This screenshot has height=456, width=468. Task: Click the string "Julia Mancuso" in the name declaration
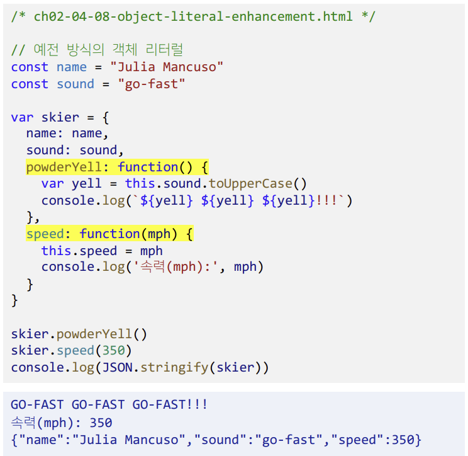167,67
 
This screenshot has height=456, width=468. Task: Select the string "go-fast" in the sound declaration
152,84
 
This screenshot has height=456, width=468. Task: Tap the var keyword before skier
22,117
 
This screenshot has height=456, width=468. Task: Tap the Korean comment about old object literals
97,50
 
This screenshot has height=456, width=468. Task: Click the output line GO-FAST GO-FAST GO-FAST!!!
109,405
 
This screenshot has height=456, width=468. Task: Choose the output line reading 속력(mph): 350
62,422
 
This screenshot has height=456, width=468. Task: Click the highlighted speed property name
45,234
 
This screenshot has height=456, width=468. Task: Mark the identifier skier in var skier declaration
60,117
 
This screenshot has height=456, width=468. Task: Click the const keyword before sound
30,84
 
